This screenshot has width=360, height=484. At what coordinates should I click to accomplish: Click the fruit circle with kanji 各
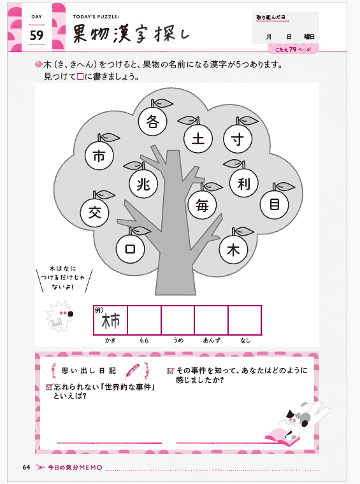click(x=152, y=121)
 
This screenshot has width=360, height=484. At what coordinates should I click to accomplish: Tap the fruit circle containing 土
click(x=198, y=139)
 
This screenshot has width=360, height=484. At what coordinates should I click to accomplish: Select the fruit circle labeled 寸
click(x=238, y=139)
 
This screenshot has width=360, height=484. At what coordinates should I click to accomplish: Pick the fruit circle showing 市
click(x=99, y=155)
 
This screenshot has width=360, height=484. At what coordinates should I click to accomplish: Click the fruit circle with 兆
click(x=143, y=184)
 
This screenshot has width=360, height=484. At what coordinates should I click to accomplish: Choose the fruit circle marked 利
click(x=244, y=183)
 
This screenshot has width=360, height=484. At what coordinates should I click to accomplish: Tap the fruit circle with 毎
click(x=202, y=205)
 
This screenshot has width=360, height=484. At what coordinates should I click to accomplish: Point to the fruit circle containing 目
click(x=275, y=204)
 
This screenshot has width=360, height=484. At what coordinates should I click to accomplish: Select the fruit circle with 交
click(x=94, y=213)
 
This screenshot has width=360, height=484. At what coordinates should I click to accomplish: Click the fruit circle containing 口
click(x=130, y=249)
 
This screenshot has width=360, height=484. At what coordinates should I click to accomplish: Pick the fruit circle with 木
click(x=233, y=250)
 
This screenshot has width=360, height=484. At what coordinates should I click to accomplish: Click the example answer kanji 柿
click(x=110, y=322)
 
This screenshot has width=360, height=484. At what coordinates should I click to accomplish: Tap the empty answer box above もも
click(x=144, y=320)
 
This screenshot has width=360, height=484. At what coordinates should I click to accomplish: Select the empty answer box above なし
click(x=245, y=320)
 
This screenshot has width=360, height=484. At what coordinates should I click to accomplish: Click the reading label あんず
click(x=212, y=341)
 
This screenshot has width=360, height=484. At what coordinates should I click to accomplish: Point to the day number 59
click(x=36, y=35)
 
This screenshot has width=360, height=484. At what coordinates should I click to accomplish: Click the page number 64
click(x=26, y=467)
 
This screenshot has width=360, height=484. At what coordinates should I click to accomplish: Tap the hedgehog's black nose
click(x=70, y=314)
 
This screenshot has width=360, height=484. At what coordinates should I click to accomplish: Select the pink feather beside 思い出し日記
click(x=132, y=371)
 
